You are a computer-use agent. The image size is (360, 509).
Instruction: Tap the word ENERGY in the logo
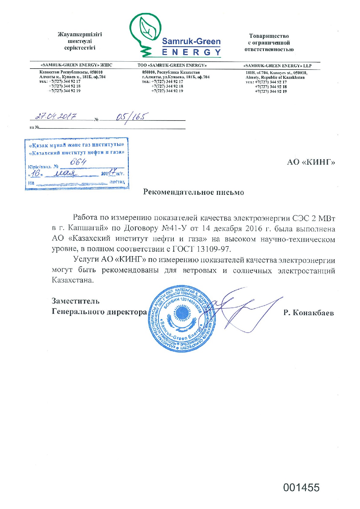[191, 52]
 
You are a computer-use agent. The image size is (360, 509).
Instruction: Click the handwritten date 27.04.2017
[56, 116]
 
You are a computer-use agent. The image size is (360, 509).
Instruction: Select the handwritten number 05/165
[132, 117]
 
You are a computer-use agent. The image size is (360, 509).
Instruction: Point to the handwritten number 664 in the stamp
[78, 162]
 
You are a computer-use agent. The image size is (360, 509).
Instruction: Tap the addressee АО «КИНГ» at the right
[311, 162]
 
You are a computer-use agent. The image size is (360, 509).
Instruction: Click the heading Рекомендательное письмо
[193, 192]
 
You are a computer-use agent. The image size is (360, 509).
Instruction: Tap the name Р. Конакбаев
[308, 313]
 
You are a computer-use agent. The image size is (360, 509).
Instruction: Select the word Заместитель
[76, 301]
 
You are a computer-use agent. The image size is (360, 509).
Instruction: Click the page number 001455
[301, 488]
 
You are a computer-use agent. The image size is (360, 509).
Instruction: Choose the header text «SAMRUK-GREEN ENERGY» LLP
[277, 66]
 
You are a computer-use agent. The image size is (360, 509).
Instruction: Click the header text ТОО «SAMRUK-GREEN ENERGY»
[172, 65]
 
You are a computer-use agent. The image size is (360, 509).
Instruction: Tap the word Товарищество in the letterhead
[269, 36]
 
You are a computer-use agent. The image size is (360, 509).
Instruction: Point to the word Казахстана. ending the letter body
[73, 280]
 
